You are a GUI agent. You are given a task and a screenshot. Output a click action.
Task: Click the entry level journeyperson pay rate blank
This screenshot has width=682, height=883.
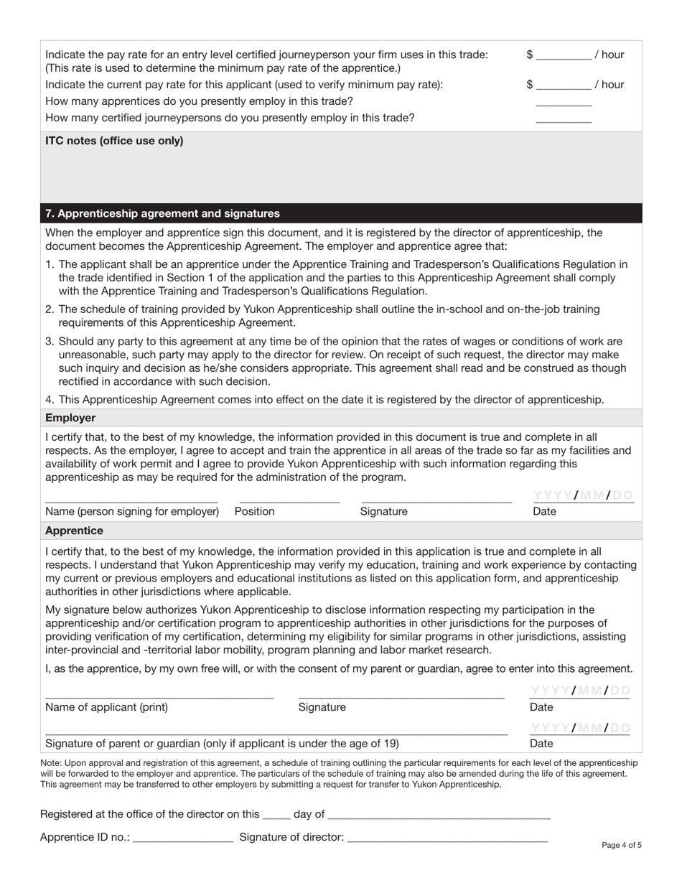point(564,55)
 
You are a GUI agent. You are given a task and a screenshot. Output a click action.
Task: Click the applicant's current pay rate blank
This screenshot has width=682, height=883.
point(564,85)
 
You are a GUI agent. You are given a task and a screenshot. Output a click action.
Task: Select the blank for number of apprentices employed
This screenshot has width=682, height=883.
point(564,102)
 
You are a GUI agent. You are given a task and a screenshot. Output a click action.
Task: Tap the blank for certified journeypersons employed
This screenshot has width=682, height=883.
point(564,118)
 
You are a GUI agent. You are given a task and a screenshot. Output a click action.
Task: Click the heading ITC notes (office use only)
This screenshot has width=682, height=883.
point(114,141)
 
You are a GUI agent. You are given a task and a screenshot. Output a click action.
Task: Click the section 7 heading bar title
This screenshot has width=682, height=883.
point(162,214)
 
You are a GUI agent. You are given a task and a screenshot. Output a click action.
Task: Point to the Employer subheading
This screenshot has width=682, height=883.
point(70,418)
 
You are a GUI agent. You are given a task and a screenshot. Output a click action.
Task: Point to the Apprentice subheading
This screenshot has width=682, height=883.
point(74,531)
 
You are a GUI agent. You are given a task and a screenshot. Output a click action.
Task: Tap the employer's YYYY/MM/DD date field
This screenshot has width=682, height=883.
point(583,496)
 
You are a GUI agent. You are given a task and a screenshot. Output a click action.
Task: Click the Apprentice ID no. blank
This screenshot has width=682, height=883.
point(183,837)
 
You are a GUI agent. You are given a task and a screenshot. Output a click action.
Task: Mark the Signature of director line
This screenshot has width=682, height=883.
point(447,837)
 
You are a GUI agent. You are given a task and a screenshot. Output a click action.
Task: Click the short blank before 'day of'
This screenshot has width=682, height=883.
point(276,815)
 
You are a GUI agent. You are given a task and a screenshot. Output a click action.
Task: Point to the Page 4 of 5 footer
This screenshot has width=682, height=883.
point(622,845)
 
